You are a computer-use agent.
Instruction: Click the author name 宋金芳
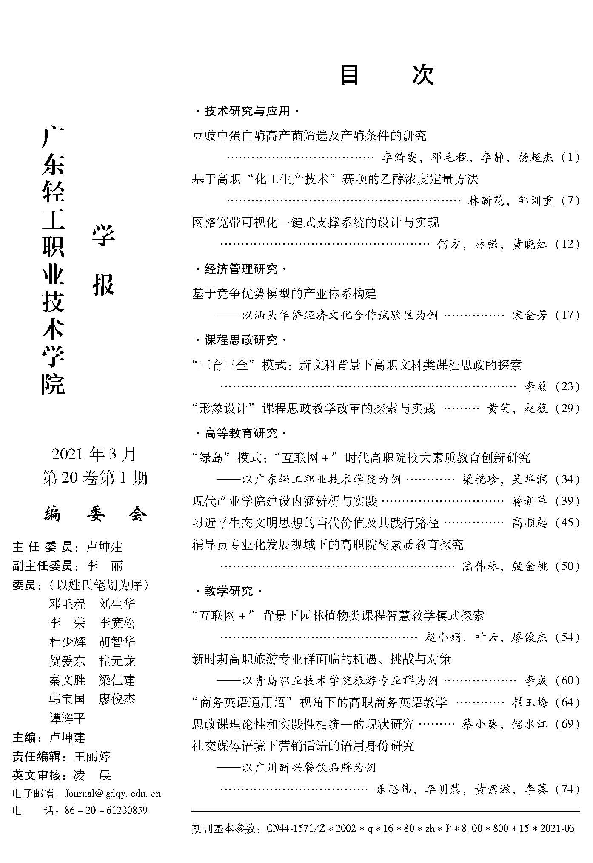tap(530, 315)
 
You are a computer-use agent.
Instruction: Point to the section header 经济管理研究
tap(240, 269)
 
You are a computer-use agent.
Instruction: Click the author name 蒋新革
tap(530, 501)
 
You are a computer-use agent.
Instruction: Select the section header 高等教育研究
tap(240, 434)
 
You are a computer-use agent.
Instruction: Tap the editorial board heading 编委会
tap(96, 514)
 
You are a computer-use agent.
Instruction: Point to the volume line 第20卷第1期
tap(95, 478)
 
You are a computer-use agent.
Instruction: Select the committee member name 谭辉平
tap(67, 718)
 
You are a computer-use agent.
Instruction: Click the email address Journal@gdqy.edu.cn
tap(113, 794)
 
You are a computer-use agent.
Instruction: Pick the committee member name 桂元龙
tap(117, 661)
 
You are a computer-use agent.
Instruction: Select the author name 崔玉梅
tap(530, 702)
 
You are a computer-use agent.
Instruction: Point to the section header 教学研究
tap(228, 591)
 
